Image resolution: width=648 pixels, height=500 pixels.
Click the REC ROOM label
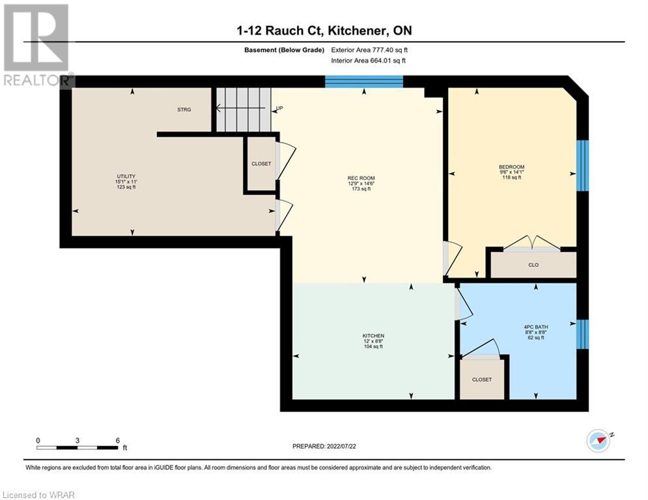[x=361, y=178]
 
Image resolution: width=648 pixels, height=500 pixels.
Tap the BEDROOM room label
[x=512, y=167]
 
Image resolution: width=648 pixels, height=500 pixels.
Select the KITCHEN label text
[x=373, y=336]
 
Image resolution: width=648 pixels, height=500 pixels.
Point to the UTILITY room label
[x=126, y=176]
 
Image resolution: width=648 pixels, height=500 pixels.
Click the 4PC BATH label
[x=535, y=327]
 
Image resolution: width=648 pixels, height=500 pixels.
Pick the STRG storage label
[x=184, y=109]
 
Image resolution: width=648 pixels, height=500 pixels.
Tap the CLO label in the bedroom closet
[x=533, y=265]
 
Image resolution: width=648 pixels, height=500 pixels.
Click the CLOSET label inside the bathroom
[x=482, y=380]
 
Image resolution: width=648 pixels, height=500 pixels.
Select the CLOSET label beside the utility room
[x=261, y=163]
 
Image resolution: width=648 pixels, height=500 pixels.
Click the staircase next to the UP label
[x=244, y=109]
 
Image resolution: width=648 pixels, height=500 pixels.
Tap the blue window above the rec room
[x=364, y=81]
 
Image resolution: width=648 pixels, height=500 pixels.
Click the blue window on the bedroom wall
[x=582, y=165]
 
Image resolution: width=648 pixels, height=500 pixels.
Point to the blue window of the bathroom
[x=582, y=334]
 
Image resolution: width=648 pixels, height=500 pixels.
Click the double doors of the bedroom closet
[x=532, y=243]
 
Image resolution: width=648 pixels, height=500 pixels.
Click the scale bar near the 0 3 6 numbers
[x=77, y=447]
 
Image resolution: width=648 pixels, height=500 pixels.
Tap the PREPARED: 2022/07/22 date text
[x=324, y=446]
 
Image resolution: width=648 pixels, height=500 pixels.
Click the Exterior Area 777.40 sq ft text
[x=369, y=50]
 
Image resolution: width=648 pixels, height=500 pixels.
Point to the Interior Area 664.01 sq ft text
[x=368, y=61]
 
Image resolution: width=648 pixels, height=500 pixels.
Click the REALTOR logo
[x=37, y=46]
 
